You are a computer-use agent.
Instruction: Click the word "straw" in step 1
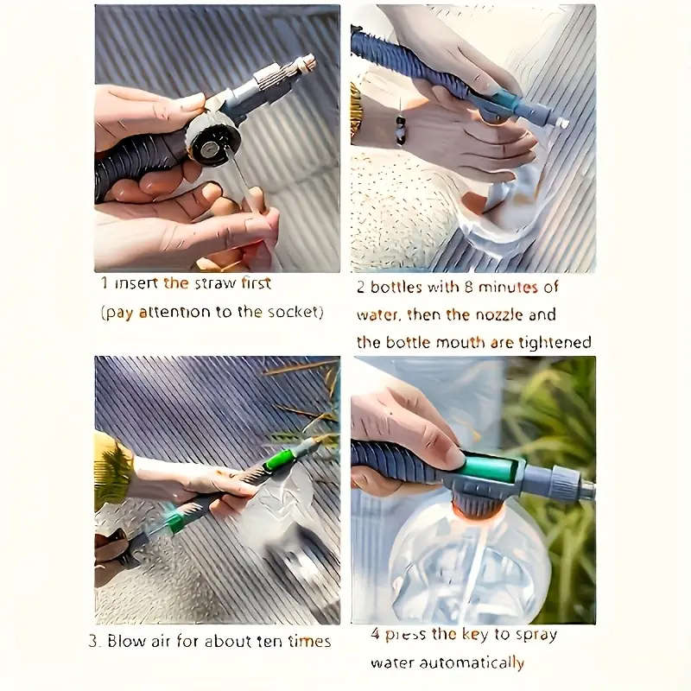pos(214,283)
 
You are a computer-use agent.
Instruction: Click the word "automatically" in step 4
pos(475,662)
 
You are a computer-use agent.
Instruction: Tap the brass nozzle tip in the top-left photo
pos(304,63)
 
